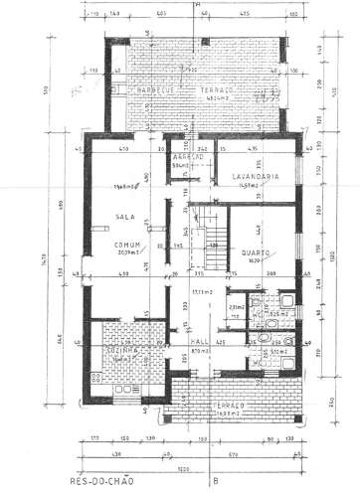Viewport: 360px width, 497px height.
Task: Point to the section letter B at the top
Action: (199, 5)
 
